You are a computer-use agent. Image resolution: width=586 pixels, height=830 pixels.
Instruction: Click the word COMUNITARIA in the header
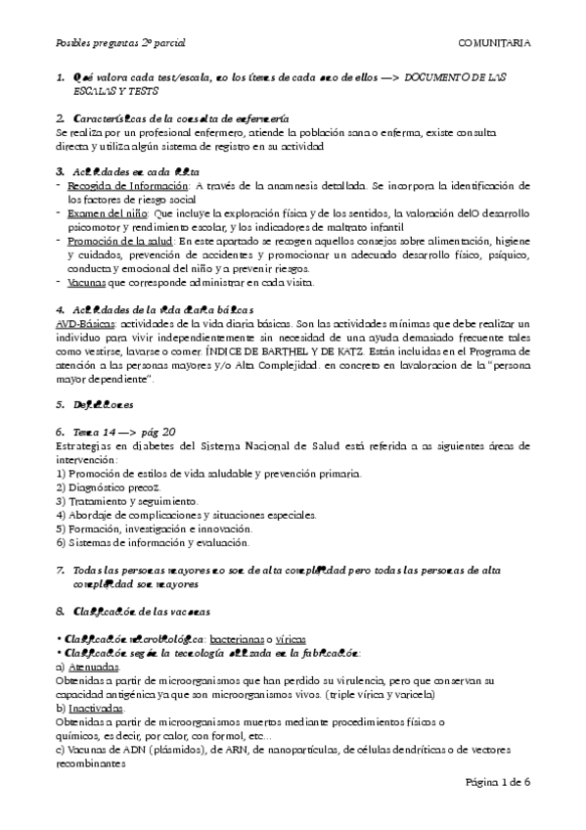pyautogui.click(x=494, y=44)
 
